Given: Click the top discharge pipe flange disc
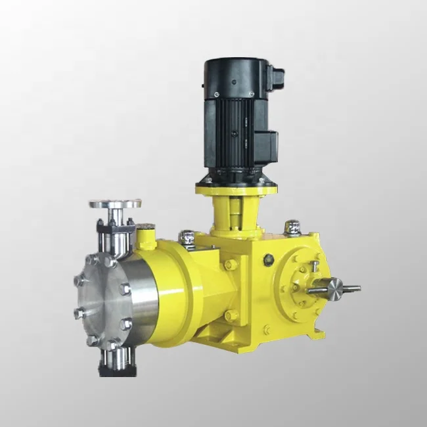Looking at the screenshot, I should click(115, 204).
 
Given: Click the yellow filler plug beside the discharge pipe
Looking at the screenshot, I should click(145, 236).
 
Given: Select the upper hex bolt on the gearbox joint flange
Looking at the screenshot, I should click(230, 265).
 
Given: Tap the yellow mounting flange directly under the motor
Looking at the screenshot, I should click(236, 190).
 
